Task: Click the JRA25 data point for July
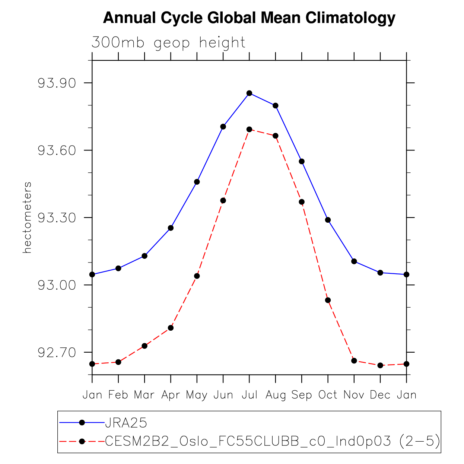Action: pos(249,93)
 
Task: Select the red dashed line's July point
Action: pos(249,129)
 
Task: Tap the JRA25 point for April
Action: pos(171,228)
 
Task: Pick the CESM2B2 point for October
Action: pos(328,300)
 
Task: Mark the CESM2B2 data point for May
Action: pos(197,276)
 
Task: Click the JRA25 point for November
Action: pos(354,261)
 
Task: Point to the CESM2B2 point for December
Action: pos(380,365)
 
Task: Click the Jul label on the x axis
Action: pos(249,395)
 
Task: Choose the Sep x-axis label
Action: pos(302,395)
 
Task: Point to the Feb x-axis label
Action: pos(118,395)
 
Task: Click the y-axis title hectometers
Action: pos(27,218)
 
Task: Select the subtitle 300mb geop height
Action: pos(168,43)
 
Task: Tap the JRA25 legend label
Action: pos(126,423)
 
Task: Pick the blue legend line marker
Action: pos(82,423)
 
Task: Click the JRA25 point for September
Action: pos(302,161)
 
